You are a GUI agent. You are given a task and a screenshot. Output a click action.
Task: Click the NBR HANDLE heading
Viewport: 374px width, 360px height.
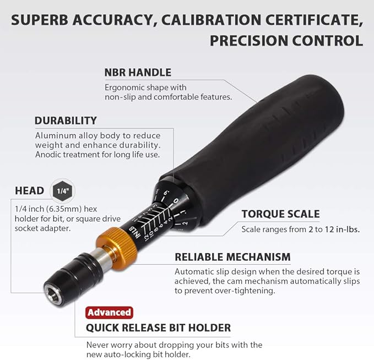(x=138, y=72)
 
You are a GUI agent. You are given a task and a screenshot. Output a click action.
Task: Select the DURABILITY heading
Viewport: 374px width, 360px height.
(x=66, y=121)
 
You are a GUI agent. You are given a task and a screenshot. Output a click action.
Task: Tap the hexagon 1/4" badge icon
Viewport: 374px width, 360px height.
(x=62, y=190)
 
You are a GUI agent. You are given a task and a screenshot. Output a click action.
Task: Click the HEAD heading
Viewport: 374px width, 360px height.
(x=30, y=191)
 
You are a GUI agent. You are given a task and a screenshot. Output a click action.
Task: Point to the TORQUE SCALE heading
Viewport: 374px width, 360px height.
(x=280, y=214)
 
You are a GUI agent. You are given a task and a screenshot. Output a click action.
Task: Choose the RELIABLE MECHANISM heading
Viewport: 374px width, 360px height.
(x=232, y=257)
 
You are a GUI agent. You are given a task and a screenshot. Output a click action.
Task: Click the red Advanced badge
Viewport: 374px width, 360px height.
(x=109, y=312)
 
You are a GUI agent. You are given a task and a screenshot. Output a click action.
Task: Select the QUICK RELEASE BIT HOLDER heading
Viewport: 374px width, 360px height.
(x=158, y=328)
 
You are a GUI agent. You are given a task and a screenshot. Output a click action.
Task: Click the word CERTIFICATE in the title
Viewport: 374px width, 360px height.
(x=306, y=19)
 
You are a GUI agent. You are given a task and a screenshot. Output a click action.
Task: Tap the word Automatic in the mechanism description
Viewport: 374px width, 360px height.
(x=195, y=271)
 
